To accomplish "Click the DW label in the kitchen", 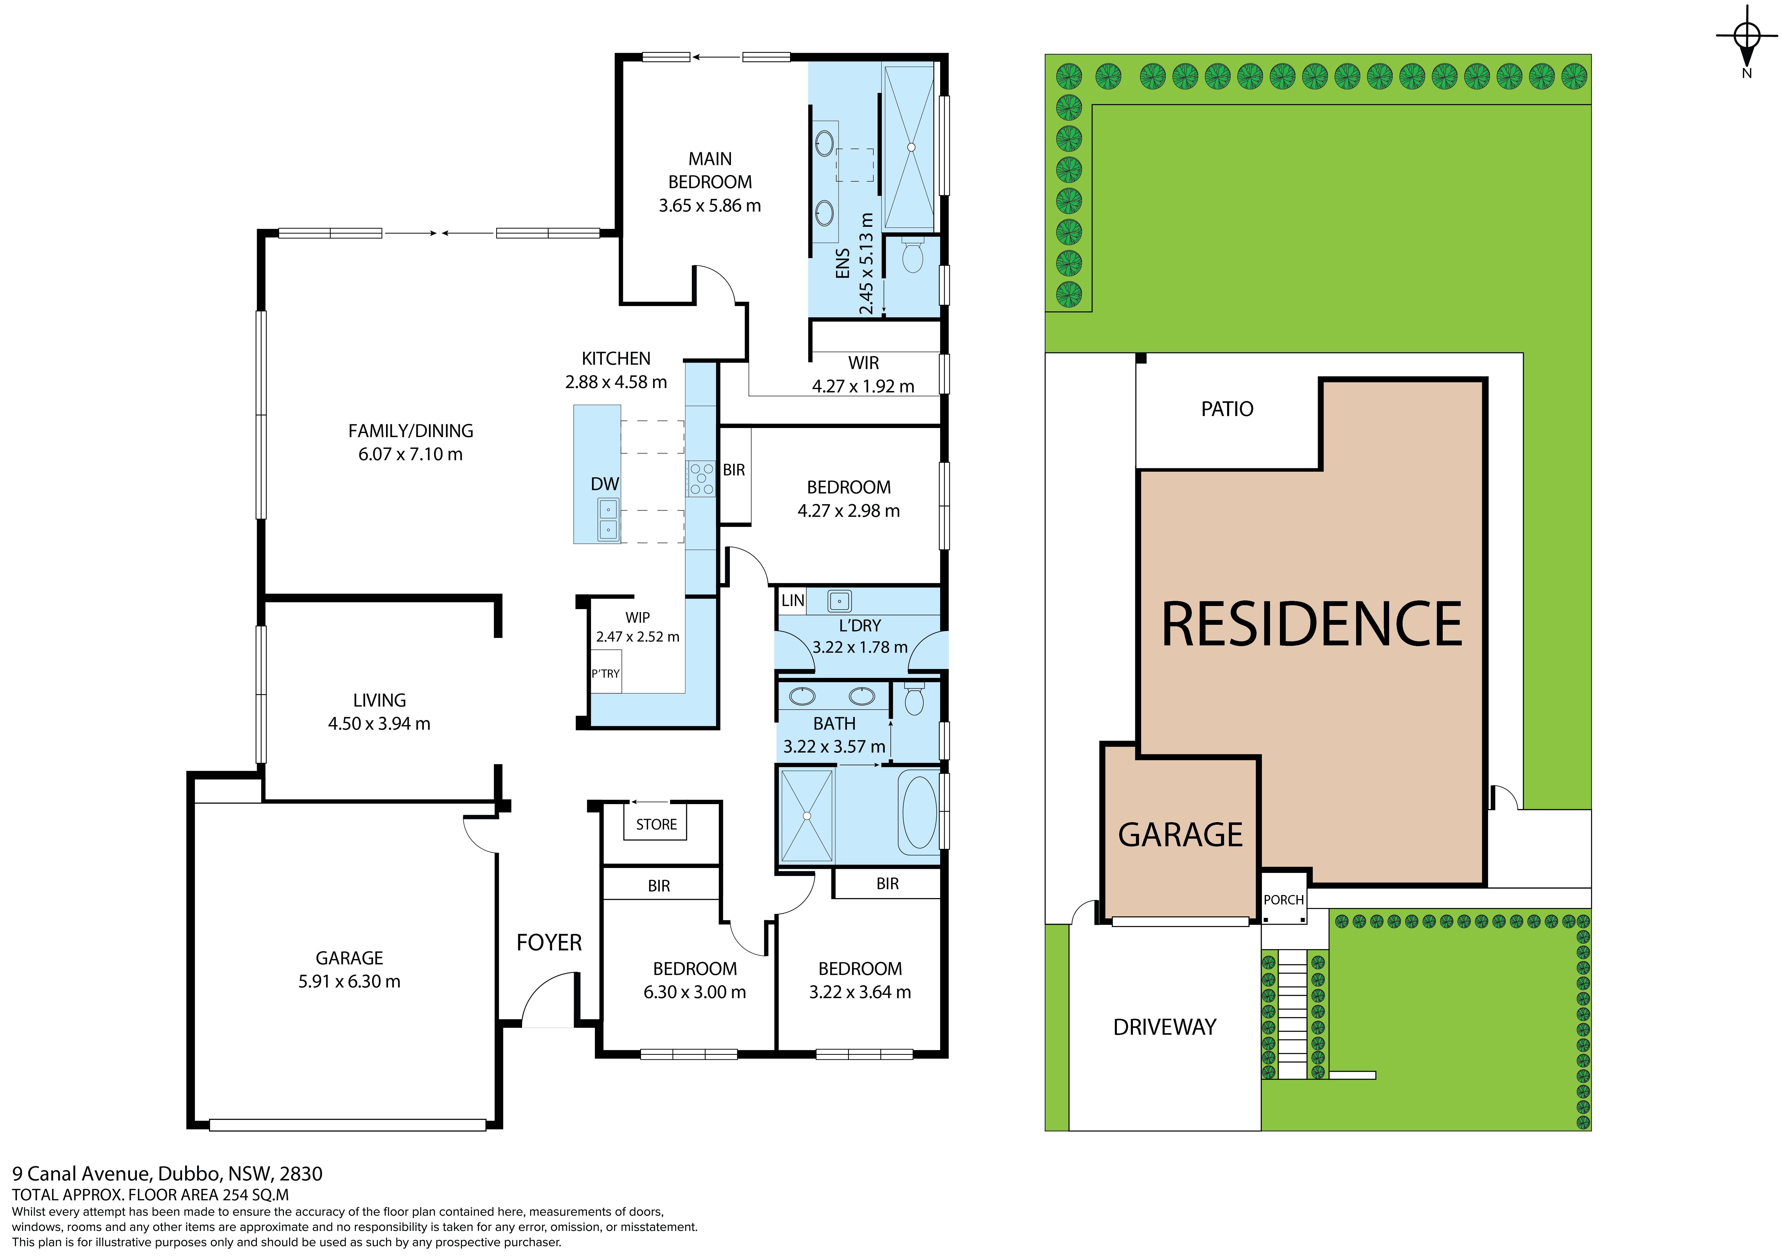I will (x=605, y=484).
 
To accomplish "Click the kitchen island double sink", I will (x=608, y=519).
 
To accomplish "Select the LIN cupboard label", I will (x=792, y=600).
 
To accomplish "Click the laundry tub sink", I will (x=839, y=601).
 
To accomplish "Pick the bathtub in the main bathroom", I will (x=918, y=813).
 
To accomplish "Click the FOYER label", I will (x=549, y=943).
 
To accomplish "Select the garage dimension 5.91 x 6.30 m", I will (x=349, y=981).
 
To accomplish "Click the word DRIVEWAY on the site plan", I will (x=1164, y=1027).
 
